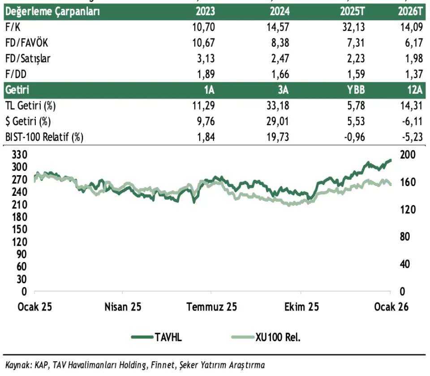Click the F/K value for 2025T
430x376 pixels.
point(352,27)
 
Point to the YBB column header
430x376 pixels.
point(356,90)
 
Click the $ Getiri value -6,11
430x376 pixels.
point(412,121)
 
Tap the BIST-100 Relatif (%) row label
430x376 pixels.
point(44,137)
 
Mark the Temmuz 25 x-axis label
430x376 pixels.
point(212,307)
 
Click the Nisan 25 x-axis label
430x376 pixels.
point(123,307)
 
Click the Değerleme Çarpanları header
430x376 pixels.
point(52,12)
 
